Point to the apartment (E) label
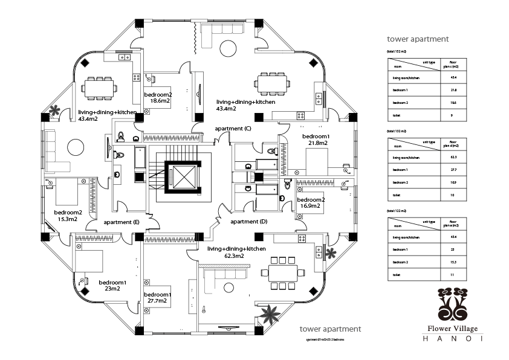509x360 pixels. coord(122,222)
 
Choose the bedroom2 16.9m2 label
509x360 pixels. coord(311,203)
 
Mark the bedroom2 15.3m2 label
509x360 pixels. coord(68,216)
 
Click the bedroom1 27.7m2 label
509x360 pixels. coord(158,298)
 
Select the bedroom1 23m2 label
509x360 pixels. coord(112,286)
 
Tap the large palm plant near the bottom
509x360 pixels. coord(268,315)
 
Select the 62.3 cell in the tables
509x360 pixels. coord(453,157)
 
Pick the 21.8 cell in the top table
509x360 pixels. coord(453,90)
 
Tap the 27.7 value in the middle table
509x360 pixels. coord(453,170)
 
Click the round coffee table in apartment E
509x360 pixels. coord(76,147)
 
